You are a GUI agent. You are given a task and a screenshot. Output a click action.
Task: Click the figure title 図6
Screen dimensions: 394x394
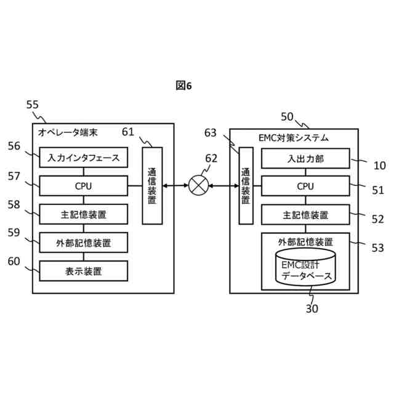pyautogui.click(x=183, y=86)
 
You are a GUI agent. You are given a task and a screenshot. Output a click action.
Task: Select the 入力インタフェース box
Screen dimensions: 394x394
pyautogui.click(x=83, y=157)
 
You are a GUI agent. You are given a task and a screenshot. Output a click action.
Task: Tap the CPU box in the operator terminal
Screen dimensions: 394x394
pyautogui.click(x=83, y=185)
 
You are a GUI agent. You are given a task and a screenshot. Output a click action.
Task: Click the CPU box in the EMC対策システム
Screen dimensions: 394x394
pyautogui.click(x=305, y=186)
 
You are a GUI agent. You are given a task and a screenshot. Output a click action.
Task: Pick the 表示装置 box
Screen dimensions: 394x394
pyautogui.click(x=83, y=270)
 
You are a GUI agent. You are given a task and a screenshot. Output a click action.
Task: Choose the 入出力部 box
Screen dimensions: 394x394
pyautogui.click(x=305, y=158)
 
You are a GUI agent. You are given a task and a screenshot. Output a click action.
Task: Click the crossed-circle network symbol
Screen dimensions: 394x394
pyautogui.click(x=198, y=185)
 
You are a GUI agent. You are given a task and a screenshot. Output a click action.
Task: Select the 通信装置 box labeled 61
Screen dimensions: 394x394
pyautogui.click(x=152, y=185)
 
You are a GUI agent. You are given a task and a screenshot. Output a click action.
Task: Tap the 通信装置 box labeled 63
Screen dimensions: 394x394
pyautogui.click(x=246, y=186)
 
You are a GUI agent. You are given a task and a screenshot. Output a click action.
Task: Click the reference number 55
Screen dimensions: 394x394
pyautogui.click(x=33, y=105)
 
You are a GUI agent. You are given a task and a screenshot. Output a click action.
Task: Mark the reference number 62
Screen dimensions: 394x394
pyautogui.click(x=211, y=158)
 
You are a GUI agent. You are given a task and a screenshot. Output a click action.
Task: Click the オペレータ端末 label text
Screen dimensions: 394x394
pyautogui.click(x=68, y=132)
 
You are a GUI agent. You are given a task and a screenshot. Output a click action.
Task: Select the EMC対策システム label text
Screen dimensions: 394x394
pyautogui.click(x=294, y=137)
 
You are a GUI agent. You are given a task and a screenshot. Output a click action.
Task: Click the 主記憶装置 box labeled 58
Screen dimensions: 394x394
pyautogui.click(x=83, y=214)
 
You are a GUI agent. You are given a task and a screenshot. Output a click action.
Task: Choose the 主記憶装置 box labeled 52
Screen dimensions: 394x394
pyautogui.click(x=305, y=215)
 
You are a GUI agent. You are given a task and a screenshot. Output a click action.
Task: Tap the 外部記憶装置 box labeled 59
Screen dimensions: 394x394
pyautogui.click(x=83, y=243)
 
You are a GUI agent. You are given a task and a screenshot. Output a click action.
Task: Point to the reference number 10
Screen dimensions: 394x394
pyautogui.click(x=379, y=165)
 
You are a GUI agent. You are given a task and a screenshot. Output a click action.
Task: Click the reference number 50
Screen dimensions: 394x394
pyautogui.click(x=287, y=116)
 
